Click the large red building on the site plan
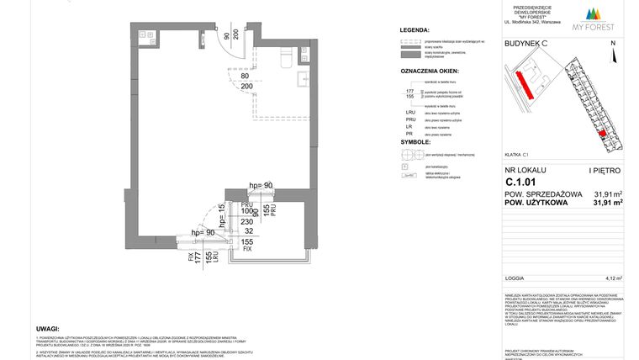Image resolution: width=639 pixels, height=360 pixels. [x=524, y=82]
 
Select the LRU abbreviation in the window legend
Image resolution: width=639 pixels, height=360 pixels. [x=411, y=112]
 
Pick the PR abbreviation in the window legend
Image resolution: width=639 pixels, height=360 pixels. [x=410, y=135]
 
